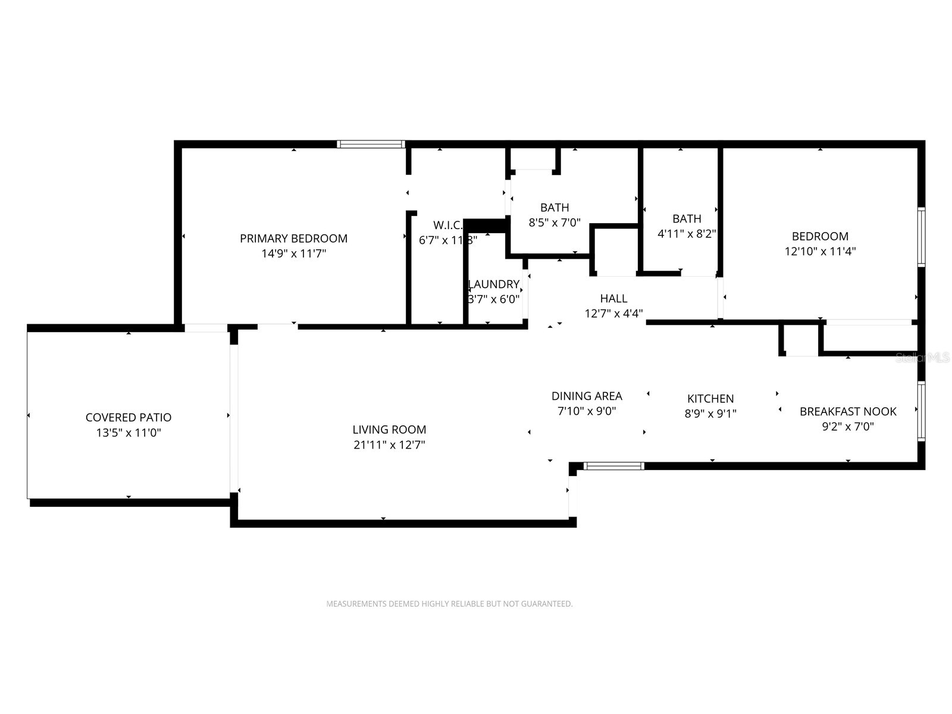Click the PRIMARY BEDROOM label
293,239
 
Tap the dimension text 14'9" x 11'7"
293,253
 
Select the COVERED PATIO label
129,418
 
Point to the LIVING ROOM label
389,430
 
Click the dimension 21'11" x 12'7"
389,445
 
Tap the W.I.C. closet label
447,225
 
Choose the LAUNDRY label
494,284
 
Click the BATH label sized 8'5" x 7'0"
555,208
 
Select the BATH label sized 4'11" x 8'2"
687,219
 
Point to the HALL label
613,299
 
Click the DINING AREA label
587,396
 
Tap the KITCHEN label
710,399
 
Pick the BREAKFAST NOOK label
848,412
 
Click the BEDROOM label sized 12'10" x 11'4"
820,236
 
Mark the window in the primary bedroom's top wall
371,144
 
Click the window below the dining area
613,466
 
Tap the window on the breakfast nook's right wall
921,411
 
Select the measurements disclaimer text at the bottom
449,604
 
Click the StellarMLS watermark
923,358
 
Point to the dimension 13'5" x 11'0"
129,433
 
